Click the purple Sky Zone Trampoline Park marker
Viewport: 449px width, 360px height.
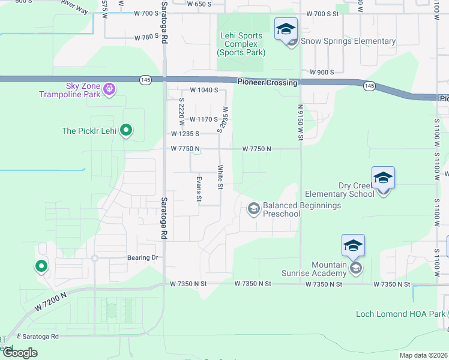click(x=109, y=89)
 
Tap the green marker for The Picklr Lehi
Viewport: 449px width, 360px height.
click(x=126, y=130)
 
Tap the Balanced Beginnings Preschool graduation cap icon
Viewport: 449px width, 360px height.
click(x=253, y=208)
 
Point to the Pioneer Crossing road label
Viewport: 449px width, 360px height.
click(x=267, y=83)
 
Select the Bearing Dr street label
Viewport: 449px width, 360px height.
click(x=142, y=258)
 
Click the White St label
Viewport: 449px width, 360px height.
click(x=220, y=177)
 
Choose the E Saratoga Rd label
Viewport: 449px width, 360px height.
click(x=38, y=337)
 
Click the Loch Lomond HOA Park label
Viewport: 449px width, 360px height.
click(x=401, y=314)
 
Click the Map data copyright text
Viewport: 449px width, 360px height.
click(x=423, y=355)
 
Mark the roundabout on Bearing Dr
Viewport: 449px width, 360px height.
click(x=94, y=258)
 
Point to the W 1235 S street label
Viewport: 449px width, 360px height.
click(x=185, y=134)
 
